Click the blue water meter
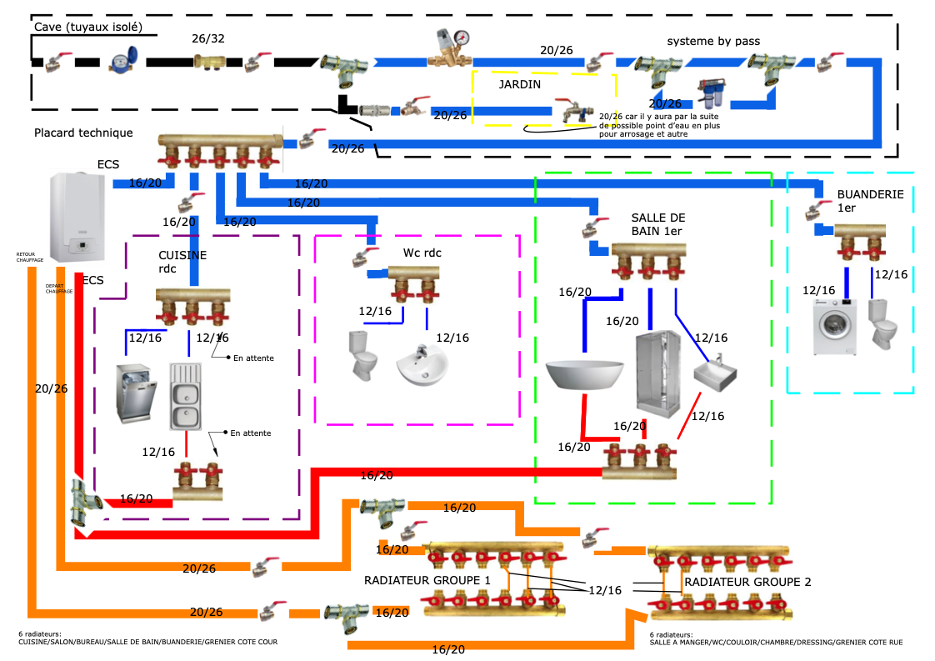click(122, 60)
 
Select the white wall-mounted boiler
click(78, 218)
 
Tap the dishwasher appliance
click(136, 393)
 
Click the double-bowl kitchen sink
click(186, 395)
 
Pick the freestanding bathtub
click(584, 373)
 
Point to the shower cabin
click(657, 374)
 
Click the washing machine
click(834, 327)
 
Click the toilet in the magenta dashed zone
click(363, 356)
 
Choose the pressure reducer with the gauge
click(450, 46)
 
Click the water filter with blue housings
click(711, 94)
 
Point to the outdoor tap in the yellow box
click(573, 111)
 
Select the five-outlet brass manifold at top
click(220, 148)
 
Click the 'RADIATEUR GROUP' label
click(738, 582)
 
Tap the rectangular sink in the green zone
click(715, 372)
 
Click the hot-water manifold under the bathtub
click(639, 460)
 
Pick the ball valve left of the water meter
click(59, 63)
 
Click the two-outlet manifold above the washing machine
click(860, 243)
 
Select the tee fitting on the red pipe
click(79, 503)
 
